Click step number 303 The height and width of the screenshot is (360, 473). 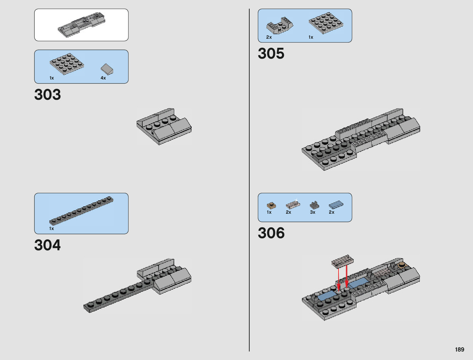tap(47, 95)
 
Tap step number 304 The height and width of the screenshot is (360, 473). tap(47, 245)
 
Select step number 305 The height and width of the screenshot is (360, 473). tap(271, 54)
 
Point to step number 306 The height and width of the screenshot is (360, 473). tap(271, 233)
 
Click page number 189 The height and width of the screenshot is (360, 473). tap(459, 349)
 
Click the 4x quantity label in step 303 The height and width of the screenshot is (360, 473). tap(103, 78)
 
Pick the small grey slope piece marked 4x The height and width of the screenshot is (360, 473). tap(107, 69)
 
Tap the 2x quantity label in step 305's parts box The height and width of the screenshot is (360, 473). tap(269, 37)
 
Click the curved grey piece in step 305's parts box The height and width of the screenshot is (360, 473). tap(280, 26)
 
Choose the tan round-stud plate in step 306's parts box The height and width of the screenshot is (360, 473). tap(271, 206)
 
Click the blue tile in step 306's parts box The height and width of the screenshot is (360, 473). tap(336, 205)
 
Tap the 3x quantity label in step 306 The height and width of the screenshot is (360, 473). tap(313, 212)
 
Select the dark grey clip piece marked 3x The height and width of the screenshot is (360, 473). tap(314, 205)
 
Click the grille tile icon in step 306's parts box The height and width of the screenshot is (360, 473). tap(293, 205)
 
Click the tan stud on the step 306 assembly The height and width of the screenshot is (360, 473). tap(402, 265)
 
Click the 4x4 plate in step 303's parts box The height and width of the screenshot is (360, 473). tap(67, 63)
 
